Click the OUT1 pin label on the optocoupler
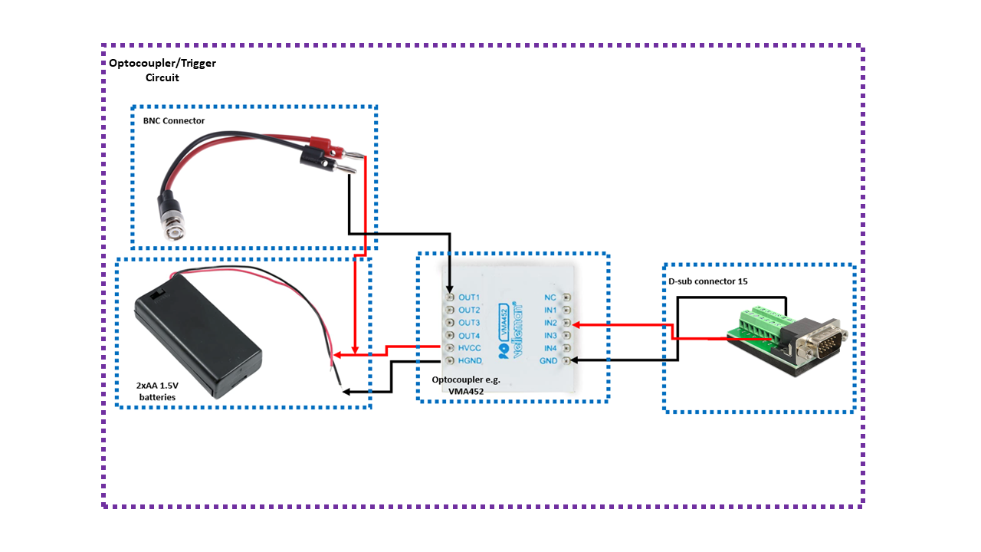click(x=468, y=297)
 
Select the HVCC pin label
click(x=469, y=348)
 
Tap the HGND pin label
click(x=470, y=361)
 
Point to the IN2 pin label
click(x=550, y=323)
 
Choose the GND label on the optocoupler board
click(x=548, y=361)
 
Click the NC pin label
click(x=550, y=297)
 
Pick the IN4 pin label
click(x=550, y=348)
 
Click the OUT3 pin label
click(x=468, y=323)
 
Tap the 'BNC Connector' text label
click(x=174, y=121)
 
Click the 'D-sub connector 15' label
click(x=707, y=281)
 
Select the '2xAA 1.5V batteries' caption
click(x=157, y=391)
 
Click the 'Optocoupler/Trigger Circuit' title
click(x=162, y=70)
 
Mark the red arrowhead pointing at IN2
click(x=576, y=324)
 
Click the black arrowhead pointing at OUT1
click(x=450, y=289)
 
